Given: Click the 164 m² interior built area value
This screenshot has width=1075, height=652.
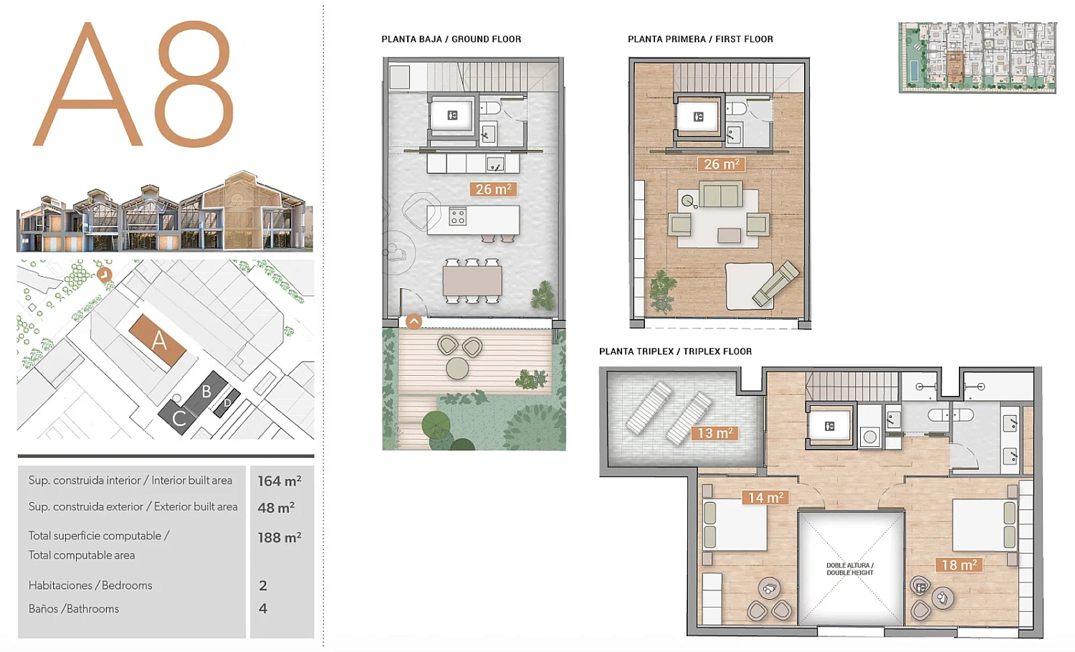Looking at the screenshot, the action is [x=279, y=481].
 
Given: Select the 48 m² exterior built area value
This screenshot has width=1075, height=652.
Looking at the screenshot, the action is [x=276, y=507].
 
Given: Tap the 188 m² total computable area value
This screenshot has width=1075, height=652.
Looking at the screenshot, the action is [x=279, y=537].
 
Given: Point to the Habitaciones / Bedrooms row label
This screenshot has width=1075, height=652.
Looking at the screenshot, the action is [x=90, y=585].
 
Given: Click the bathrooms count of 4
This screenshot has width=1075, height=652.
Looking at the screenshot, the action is [x=262, y=608].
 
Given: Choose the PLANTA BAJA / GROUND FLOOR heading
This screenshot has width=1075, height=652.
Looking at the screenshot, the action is [x=451, y=39].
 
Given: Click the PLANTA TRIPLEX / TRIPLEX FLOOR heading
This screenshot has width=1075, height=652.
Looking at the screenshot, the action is [x=675, y=351].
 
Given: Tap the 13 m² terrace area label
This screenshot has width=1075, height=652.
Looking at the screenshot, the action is [x=715, y=433].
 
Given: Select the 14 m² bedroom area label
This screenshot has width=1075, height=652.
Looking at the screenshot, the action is [x=765, y=497].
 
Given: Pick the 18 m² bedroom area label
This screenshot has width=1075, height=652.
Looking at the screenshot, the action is [x=959, y=565].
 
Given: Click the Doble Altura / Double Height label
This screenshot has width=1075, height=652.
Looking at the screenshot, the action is [x=850, y=569].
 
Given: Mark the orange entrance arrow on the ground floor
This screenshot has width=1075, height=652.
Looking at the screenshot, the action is [x=414, y=321].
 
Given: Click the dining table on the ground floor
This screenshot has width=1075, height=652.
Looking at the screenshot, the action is [x=472, y=281].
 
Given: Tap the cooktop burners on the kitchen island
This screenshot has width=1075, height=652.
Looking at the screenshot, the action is [x=457, y=217].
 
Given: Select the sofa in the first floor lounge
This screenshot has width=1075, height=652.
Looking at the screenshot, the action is [x=721, y=194].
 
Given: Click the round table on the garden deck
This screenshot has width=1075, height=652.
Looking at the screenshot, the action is [x=457, y=369].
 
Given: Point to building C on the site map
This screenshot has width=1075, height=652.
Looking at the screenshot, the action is [x=178, y=417].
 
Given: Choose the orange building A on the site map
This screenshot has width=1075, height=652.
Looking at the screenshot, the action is [x=158, y=340].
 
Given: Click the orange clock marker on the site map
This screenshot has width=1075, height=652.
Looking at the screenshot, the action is [x=104, y=274].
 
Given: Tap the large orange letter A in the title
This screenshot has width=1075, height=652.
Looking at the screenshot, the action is [x=88, y=84].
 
